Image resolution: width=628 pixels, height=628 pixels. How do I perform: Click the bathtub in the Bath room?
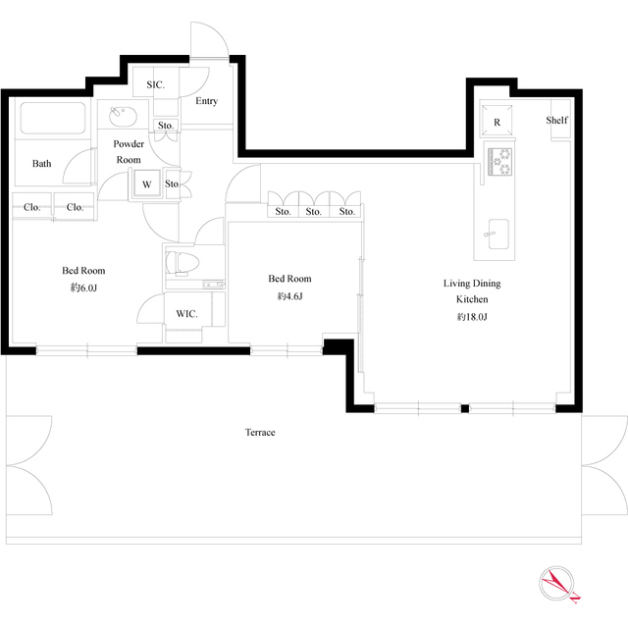click(52, 118)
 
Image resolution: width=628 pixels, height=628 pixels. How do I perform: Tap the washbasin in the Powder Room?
click(123, 116)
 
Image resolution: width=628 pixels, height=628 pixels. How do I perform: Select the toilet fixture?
click(183, 263)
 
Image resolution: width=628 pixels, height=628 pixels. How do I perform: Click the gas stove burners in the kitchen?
click(499, 161)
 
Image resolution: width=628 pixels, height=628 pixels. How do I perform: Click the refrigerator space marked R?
click(497, 121)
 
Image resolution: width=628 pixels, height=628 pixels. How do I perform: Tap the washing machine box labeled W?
click(146, 183)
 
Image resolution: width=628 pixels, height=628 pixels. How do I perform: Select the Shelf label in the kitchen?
click(556, 120)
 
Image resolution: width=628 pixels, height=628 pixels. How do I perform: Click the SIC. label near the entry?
click(155, 84)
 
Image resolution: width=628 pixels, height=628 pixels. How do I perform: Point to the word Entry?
click(207, 101)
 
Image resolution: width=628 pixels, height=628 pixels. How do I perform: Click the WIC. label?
click(186, 314)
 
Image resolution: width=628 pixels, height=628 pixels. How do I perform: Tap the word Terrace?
click(260, 432)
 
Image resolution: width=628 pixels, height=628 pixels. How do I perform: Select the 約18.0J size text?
click(472, 317)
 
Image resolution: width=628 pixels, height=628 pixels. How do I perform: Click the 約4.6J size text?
click(289, 296)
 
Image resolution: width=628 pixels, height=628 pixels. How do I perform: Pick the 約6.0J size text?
click(83, 288)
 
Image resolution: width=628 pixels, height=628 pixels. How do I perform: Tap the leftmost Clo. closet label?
click(31, 207)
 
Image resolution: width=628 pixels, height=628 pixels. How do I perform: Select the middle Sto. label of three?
click(314, 211)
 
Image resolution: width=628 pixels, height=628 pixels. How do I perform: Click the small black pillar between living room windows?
click(464, 408)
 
